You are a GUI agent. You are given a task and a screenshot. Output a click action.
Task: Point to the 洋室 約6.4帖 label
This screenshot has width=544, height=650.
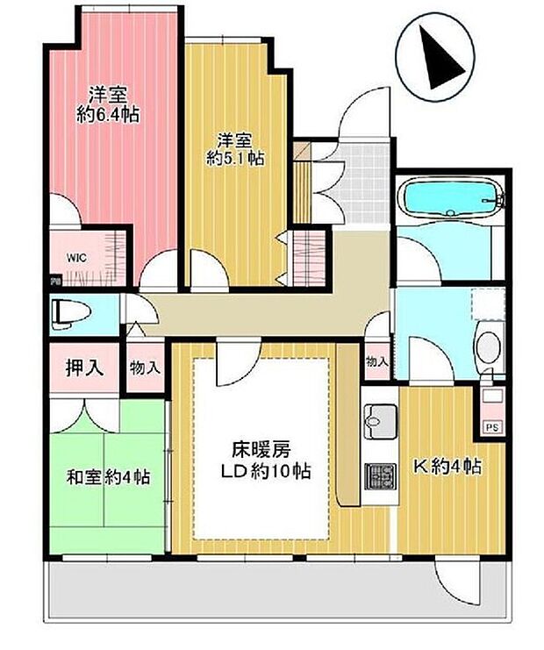coord(110,104)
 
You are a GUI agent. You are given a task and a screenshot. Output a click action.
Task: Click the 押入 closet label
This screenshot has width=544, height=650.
coord(85,368)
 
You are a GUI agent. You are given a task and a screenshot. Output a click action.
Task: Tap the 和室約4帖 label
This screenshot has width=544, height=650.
coord(109,478)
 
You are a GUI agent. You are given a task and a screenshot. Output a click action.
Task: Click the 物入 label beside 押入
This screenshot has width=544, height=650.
coord(146,368)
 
